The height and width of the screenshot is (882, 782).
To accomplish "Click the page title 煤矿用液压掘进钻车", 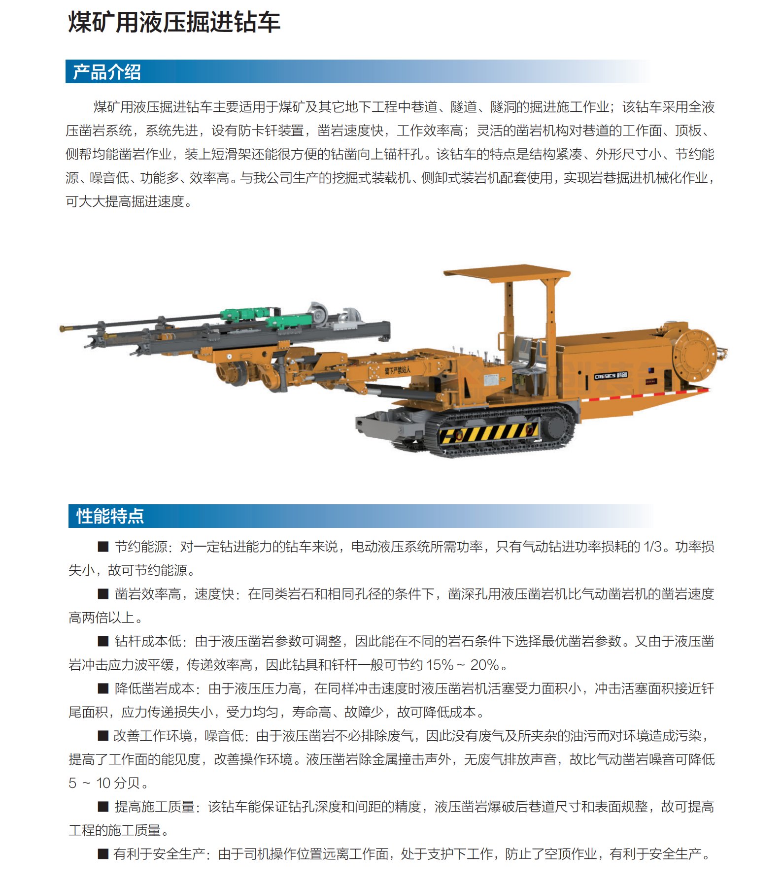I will coord(174,23).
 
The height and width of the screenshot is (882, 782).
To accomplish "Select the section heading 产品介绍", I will coord(107,72).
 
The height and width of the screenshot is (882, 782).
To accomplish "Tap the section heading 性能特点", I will coord(110,516).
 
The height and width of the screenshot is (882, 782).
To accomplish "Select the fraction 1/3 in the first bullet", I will coord(652,547).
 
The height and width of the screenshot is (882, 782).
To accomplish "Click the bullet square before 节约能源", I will coord(103,547).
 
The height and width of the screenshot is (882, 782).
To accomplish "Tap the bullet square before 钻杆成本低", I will coord(103,641).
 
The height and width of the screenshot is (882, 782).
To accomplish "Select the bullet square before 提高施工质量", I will coord(103,807).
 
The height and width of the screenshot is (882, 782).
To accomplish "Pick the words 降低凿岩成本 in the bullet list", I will coord(155,688).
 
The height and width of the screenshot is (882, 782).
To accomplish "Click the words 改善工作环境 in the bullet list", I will coord(152,736).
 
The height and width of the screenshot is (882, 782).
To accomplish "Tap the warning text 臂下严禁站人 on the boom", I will coord(397,370).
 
